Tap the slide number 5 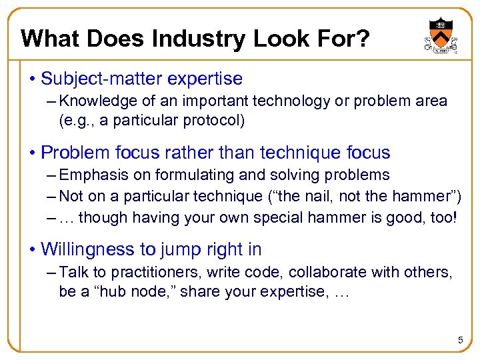[x=460, y=341]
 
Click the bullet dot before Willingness [x=32, y=249]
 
